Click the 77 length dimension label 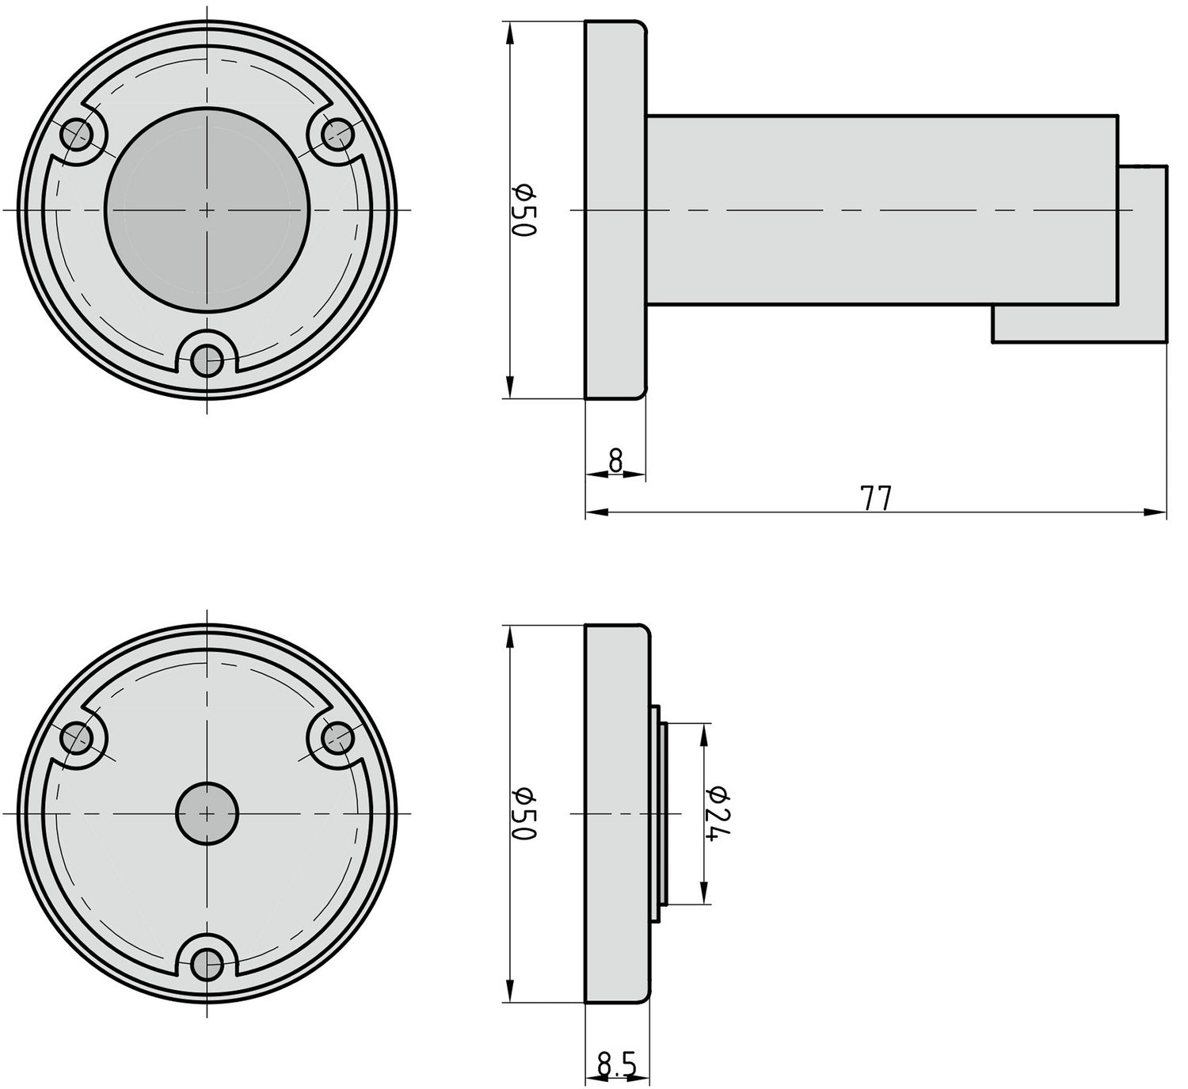pyautogui.click(x=875, y=498)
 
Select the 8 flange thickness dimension pyautogui.click(x=616, y=459)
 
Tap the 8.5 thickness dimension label pyautogui.click(x=617, y=1065)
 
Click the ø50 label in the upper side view pyautogui.click(x=524, y=210)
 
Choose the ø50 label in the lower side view pyautogui.click(x=524, y=813)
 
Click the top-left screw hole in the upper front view pyautogui.click(x=77, y=135)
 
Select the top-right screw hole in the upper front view pyautogui.click(x=337, y=134)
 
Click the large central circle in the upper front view pyautogui.click(x=208, y=210)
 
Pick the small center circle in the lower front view pyautogui.click(x=207, y=813)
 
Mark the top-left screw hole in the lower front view pyautogui.click(x=78, y=739)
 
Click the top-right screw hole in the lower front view pyautogui.click(x=337, y=738)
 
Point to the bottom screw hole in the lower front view pyautogui.click(x=208, y=964)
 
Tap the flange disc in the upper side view pyautogui.click(x=615, y=210)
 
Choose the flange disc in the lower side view pyautogui.click(x=616, y=813)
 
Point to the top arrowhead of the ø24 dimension pyautogui.click(x=703, y=730)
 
